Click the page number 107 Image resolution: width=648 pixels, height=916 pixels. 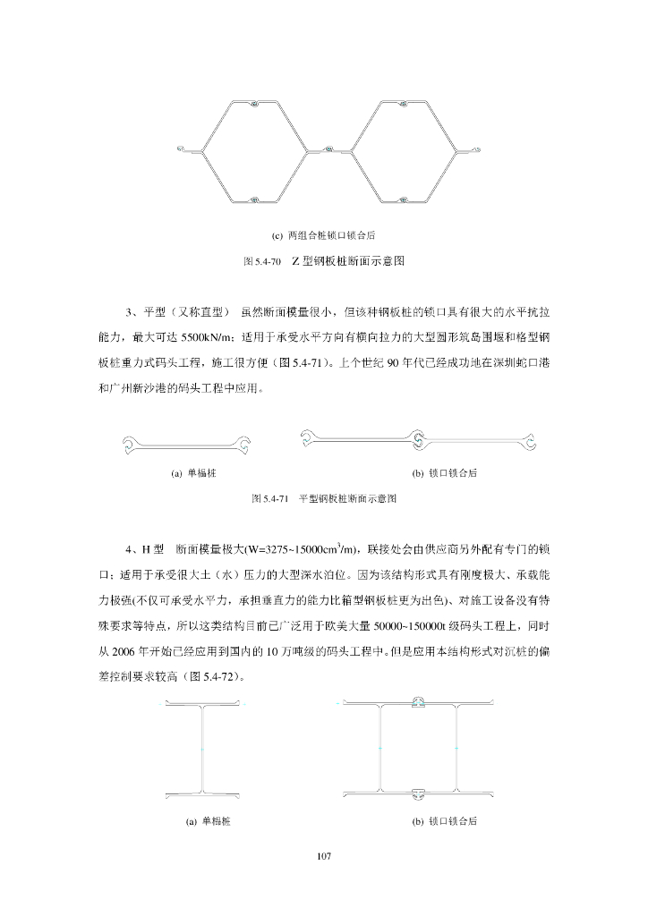[x=324, y=857]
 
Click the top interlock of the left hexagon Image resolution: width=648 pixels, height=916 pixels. [x=255, y=105]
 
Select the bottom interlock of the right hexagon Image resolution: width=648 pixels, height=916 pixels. [x=405, y=199]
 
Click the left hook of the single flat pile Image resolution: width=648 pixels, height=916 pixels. [x=130, y=441]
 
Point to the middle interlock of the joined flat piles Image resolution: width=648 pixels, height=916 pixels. [x=418, y=437]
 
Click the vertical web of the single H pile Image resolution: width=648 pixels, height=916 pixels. [x=204, y=748]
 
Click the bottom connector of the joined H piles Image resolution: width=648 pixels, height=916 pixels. [x=419, y=793]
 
